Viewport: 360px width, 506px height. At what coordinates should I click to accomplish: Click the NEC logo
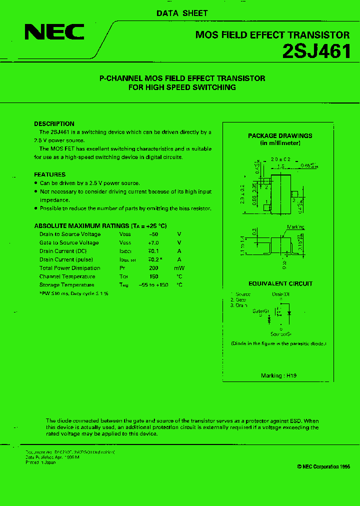(x=54, y=32)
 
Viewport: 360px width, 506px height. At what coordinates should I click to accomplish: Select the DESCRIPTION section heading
(x=54, y=123)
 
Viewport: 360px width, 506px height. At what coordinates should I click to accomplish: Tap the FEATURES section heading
(x=49, y=174)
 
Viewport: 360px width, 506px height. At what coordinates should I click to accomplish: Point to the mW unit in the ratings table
(x=179, y=268)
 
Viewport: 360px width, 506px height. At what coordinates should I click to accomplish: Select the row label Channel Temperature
(x=67, y=276)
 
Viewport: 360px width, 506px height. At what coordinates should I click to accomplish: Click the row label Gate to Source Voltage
(x=69, y=242)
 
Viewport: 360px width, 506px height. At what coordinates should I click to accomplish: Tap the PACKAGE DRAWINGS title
(x=280, y=135)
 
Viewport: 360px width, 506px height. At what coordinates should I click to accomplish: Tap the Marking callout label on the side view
(x=295, y=227)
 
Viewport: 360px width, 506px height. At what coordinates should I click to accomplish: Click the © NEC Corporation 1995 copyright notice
(x=323, y=466)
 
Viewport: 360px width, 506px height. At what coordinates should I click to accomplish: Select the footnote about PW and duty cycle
(x=74, y=293)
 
